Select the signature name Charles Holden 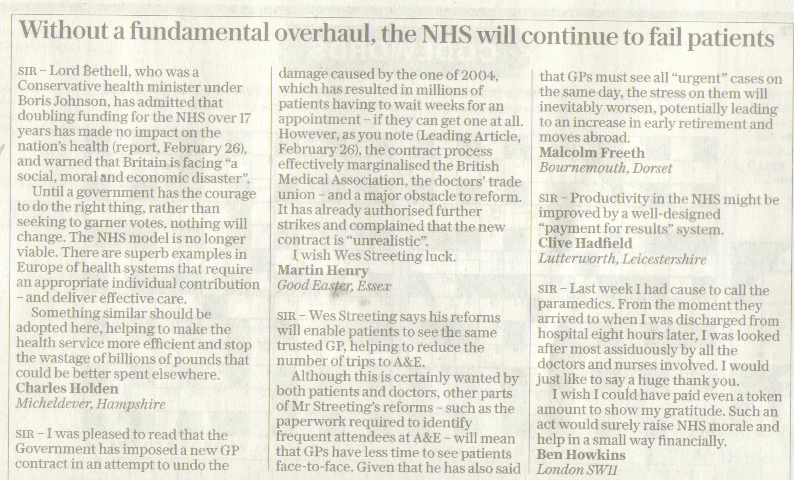coord(67,389)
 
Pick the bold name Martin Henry coord(323,271)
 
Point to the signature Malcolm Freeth coord(592,153)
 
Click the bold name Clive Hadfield coord(585,243)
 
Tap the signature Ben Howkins coord(581,455)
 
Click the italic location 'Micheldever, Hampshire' coord(91,404)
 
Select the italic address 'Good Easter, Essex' coord(334,286)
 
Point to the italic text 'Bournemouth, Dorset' coord(606,168)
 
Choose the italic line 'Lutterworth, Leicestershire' coord(622,259)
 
